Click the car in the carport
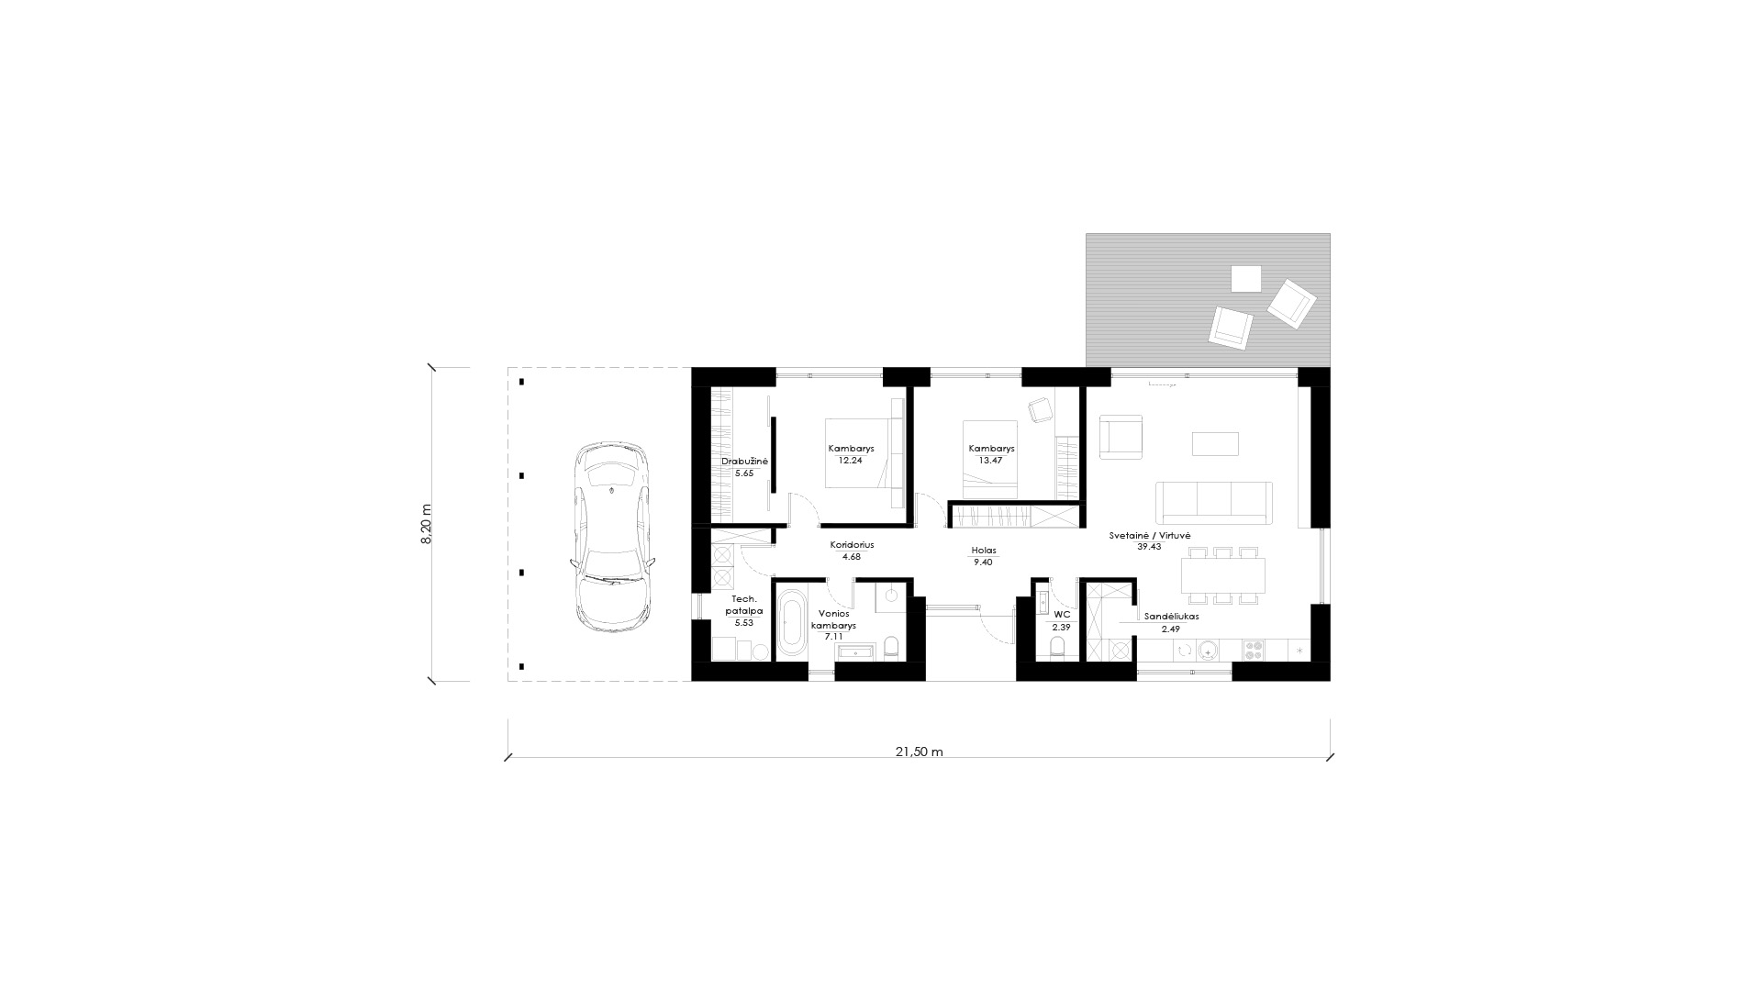tap(612, 537)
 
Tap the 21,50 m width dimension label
tap(919, 752)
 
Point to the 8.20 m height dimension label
tap(426, 525)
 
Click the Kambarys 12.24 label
tap(851, 454)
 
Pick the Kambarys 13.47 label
tap(991, 454)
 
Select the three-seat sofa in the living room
tap(1214, 502)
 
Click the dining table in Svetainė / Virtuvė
tap(1223, 574)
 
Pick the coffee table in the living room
tap(1215, 443)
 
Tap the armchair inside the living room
tap(1121, 435)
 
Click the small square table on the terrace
tap(1246, 278)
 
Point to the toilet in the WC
tap(1057, 651)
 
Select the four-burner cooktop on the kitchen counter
tap(1254, 650)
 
